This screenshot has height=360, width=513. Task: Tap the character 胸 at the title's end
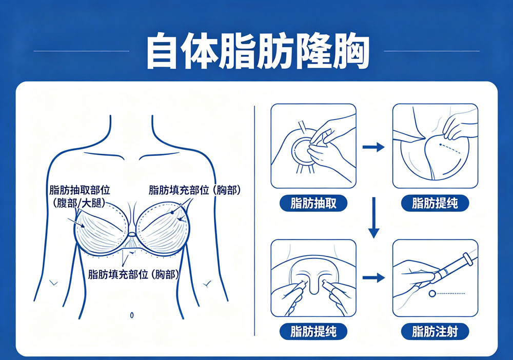pyautogui.click(x=351, y=51)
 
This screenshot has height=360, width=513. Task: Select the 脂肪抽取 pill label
pyautogui.click(x=313, y=203)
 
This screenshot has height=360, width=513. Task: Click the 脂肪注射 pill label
pyautogui.click(x=435, y=331)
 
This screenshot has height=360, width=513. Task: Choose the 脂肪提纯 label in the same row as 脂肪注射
pyautogui.click(x=313, y=331)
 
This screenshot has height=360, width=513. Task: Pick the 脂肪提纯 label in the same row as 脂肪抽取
pyautogui.click(x=435, y=203)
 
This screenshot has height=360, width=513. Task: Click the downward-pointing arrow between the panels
pyautogui.click(x=373, y=218)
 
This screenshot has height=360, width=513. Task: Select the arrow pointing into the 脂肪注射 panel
pyautogui.click(x=373, y=277)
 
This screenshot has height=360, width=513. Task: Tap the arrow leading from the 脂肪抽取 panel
pyautogui.click(x=373, y=148)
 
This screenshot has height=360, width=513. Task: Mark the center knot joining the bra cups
pyautogui.click(x=132, y=235)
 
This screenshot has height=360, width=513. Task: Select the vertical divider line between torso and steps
pyautogui.click(x=255, y=221)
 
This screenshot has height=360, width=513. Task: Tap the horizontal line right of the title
pyautogui.click(x=431, y=51)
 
